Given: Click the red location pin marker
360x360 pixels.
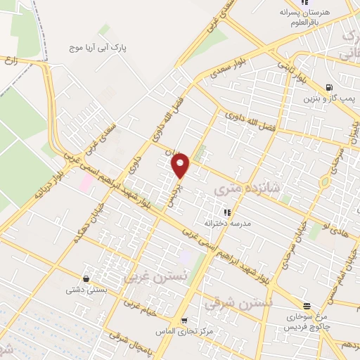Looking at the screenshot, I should [181, 166].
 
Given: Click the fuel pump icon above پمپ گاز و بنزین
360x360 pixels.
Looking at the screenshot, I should [329, 87].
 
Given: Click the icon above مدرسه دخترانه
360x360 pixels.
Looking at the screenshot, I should [226, 211].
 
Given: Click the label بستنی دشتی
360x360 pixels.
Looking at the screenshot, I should [84, 289].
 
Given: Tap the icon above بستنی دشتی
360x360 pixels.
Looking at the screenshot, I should [86, 278].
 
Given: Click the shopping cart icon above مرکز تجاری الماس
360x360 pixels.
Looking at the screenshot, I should [184, 320].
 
